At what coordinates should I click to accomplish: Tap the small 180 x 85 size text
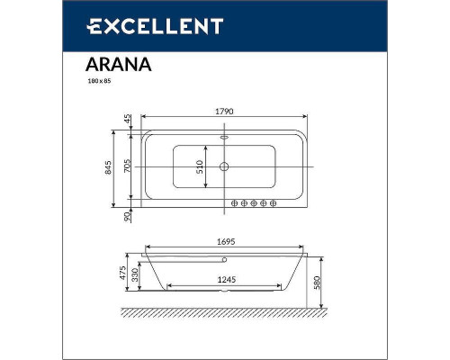98,81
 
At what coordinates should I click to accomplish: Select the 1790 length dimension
224,111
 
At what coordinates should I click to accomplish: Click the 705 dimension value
128,166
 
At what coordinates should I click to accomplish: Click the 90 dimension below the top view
128,215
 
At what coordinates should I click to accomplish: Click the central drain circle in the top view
224,166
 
